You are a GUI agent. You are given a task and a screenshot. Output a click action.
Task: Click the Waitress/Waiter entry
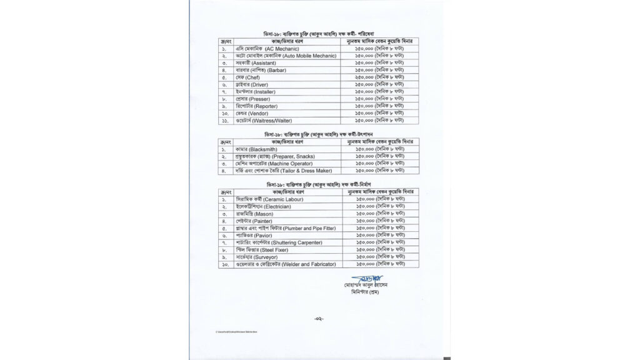tap(269, 120)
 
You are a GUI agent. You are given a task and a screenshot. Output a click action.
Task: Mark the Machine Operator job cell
tap(268, 163)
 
